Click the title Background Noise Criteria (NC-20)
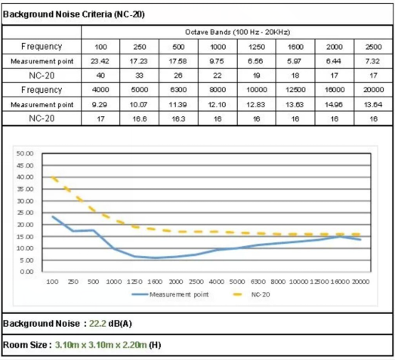(x=74, y=14)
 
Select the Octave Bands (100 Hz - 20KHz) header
(x=238, y=32)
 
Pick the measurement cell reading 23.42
(x=100, y=61)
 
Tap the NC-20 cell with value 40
(x=100, y=75)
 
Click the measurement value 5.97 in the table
(x=295, y=61)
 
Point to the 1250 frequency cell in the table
(x=257, y=47)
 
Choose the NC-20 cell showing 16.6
(x=140, y=118)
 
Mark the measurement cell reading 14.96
(x=334, y=104)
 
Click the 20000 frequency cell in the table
(x=374, y=90)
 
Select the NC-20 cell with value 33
(x=139, y=75)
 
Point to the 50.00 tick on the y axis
(x=25, y=153)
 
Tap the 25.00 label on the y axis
(x=25, y=213)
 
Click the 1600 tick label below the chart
(x=155, y=282)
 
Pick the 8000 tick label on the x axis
(x=278, y=282)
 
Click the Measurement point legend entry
(x=170, y=294)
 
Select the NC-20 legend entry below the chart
(x=252, y=294)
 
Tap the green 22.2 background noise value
(x=97, y=324)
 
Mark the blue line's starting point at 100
(x=53, y=217)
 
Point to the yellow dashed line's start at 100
(x=53, y=177)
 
